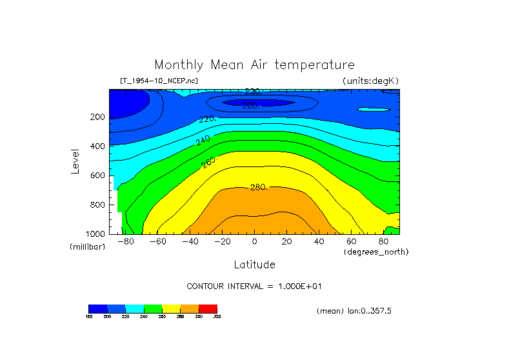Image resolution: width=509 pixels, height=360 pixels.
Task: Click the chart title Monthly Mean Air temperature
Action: (254, 65)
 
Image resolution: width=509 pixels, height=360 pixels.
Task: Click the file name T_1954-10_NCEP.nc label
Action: (159, 81)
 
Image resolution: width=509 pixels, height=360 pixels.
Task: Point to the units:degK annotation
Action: (370, 81)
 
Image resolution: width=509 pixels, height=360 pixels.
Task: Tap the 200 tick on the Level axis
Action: (97, 117)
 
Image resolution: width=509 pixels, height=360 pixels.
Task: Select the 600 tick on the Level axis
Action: (97, 175)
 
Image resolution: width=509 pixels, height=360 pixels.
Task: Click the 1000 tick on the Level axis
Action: (95, 234)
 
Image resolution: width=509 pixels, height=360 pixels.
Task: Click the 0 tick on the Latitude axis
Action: (254, 242)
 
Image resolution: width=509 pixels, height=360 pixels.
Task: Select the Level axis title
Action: (76, 161)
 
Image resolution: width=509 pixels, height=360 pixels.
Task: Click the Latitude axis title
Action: (254, 265)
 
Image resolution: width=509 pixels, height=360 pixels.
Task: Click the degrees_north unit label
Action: (376, 252)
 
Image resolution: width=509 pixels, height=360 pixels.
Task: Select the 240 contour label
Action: (203, 140)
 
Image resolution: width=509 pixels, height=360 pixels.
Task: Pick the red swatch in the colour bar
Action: (208, 308)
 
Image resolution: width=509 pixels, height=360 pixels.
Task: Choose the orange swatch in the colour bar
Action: (190, 308)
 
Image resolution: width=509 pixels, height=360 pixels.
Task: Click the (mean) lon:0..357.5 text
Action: (354, 311)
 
